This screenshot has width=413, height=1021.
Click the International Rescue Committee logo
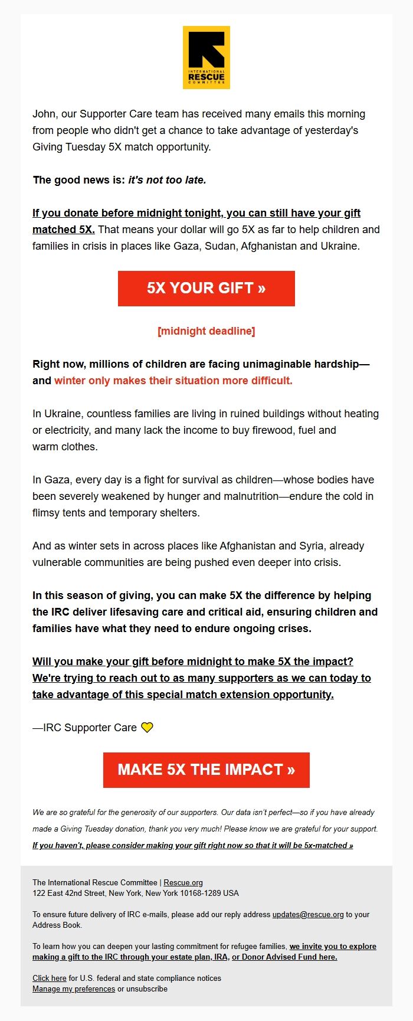pos(206,57)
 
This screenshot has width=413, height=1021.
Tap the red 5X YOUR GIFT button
pos(206,288)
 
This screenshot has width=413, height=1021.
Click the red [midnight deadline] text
pos(206,331)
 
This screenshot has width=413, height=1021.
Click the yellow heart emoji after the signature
pos(147,728)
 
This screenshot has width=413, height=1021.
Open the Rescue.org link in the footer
pos(183,883)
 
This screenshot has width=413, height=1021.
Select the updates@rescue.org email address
pos(307,914)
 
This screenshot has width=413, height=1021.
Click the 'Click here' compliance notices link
pos(49,978)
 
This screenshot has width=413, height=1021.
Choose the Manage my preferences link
pos(74,989)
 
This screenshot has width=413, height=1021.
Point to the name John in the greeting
pos(44,114)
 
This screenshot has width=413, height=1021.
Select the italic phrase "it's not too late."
pos(167,180)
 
